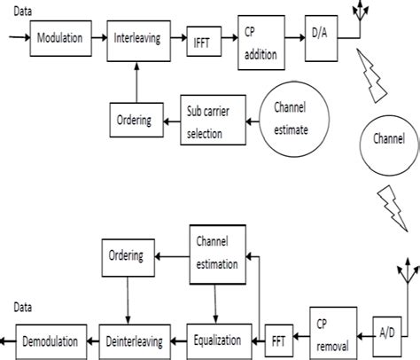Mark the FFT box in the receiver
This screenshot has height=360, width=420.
[x=279, y=340]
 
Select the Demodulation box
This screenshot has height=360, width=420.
[x=54, y=339]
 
